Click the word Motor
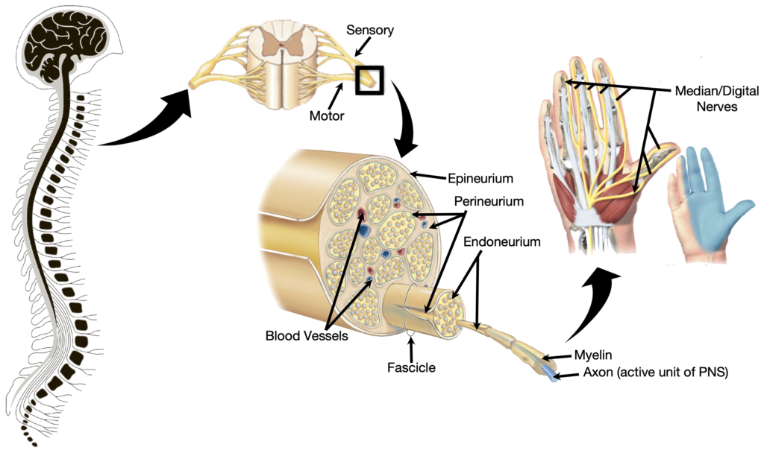click(x=328, y=115)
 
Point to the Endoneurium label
click(x=501, y=242)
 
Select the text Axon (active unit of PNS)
click(x=645, y=373)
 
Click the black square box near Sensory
click(x=369, y=80)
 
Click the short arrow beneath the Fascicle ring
click(x=410, y=345)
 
